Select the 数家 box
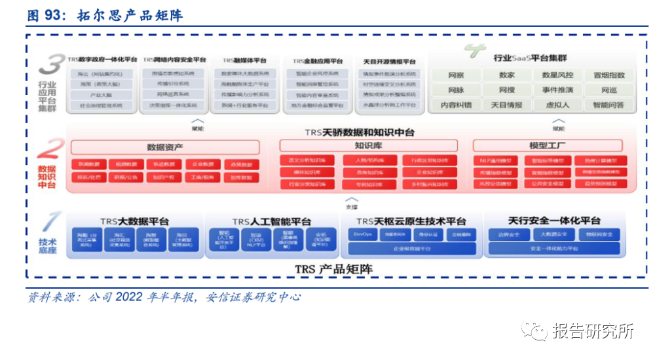[506, 75]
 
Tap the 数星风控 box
[557, 75]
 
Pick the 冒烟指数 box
[608, 75]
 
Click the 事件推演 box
[557, 90]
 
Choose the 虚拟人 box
[557, 104]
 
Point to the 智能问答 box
[608, 104]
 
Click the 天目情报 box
[506, 104]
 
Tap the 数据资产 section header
[164, 147]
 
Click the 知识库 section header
[365, 145]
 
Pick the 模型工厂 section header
[548, 145]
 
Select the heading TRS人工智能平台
[272, 221]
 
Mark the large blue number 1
[49, 223]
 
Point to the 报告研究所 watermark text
[593, 331]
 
